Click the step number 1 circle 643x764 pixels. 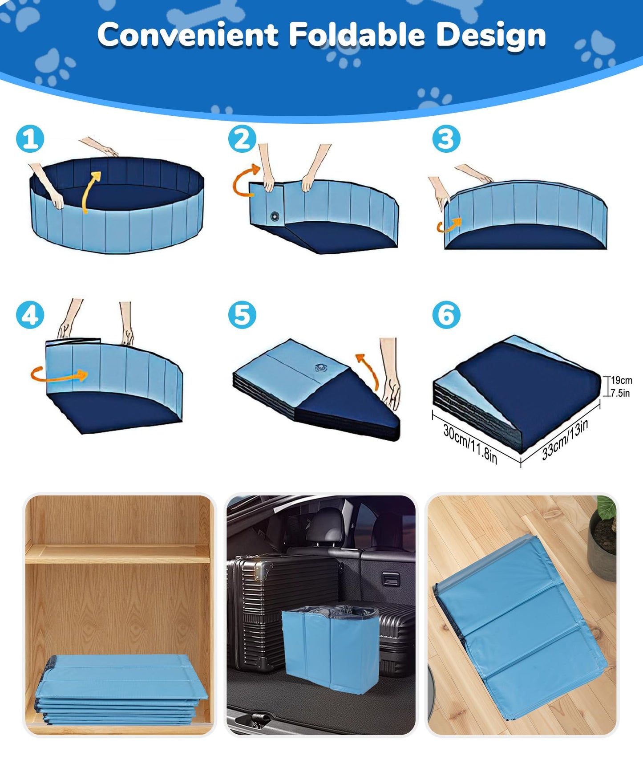[30, 139]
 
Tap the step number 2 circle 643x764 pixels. [243, 139]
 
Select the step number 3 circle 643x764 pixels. [446, 139]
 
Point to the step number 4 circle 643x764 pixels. [30, 315]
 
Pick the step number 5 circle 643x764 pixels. [243, 315]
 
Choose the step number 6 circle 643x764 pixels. [446, 315]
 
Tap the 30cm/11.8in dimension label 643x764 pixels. [470, 443]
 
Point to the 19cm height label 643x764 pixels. [621, 381]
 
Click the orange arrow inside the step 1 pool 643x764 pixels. [91, 191]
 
